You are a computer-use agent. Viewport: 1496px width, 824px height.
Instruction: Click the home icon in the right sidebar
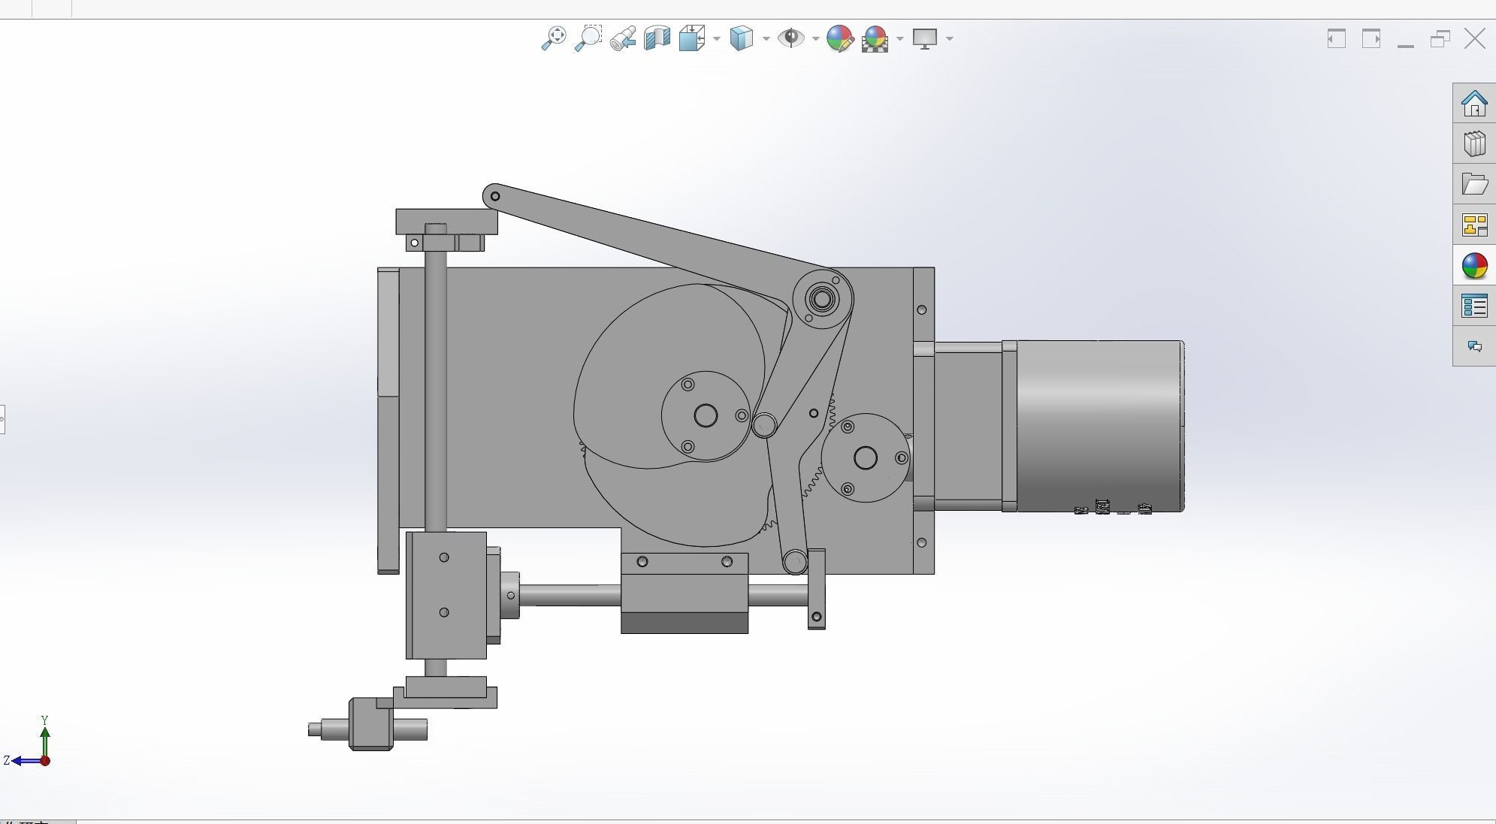(x=1474, y=104)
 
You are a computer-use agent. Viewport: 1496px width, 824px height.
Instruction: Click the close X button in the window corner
(x=1475, y=39)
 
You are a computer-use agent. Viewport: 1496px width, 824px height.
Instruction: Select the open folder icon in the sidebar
(x=1474, y=184)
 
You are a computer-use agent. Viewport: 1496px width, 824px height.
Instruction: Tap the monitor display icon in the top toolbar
(x=925, y=38)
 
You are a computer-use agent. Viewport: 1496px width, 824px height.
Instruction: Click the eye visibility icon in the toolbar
(x=790, y=38)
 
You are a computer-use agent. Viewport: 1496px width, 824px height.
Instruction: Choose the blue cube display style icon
(x=741, y=38)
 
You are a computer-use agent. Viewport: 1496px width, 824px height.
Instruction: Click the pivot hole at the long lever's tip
(x=495, y=197)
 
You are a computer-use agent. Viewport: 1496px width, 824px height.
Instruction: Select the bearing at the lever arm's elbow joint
(x=822, y=299)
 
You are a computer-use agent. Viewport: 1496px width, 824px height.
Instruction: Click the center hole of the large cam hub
(x=706, y=415)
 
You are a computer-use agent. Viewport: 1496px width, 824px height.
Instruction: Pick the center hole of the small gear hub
(x=866, y=457)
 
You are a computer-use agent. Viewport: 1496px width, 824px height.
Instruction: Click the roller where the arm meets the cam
(x=764, y=425)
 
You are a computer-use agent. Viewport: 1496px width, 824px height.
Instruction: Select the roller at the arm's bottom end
(x=795, y=561)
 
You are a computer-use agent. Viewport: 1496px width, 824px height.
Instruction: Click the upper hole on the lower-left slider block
(x=444, y=557)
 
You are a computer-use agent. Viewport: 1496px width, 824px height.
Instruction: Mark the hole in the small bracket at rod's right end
(x=817, y=617)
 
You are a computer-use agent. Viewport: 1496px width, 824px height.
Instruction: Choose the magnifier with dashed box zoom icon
(x=588, y=38)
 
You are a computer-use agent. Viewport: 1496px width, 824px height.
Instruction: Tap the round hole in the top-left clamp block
(x=414, y=243)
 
